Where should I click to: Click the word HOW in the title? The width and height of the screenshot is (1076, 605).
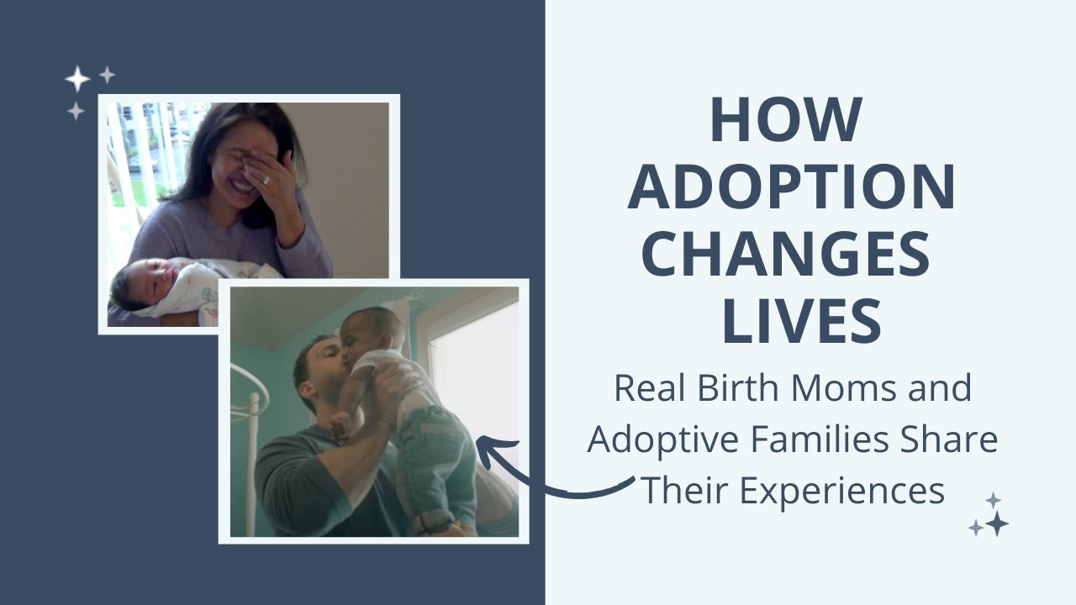click(x=786, y=120)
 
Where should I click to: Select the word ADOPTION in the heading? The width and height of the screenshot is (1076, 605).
click(x=792, y=187)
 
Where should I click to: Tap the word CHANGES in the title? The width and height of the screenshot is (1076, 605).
click(x=786, y=254)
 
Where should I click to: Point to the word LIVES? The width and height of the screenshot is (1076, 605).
click(x=802, y=321)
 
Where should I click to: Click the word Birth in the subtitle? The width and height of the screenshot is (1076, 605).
click(x=737, y=388)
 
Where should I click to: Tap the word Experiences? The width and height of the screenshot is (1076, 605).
click(x=841, y=492)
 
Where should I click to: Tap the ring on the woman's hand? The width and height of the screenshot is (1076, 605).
click(x=266, y=180)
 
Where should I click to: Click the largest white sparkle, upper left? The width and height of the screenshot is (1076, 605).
click(x=77, y=79)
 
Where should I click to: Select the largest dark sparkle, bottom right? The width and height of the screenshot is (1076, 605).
click(x=997, y=523)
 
